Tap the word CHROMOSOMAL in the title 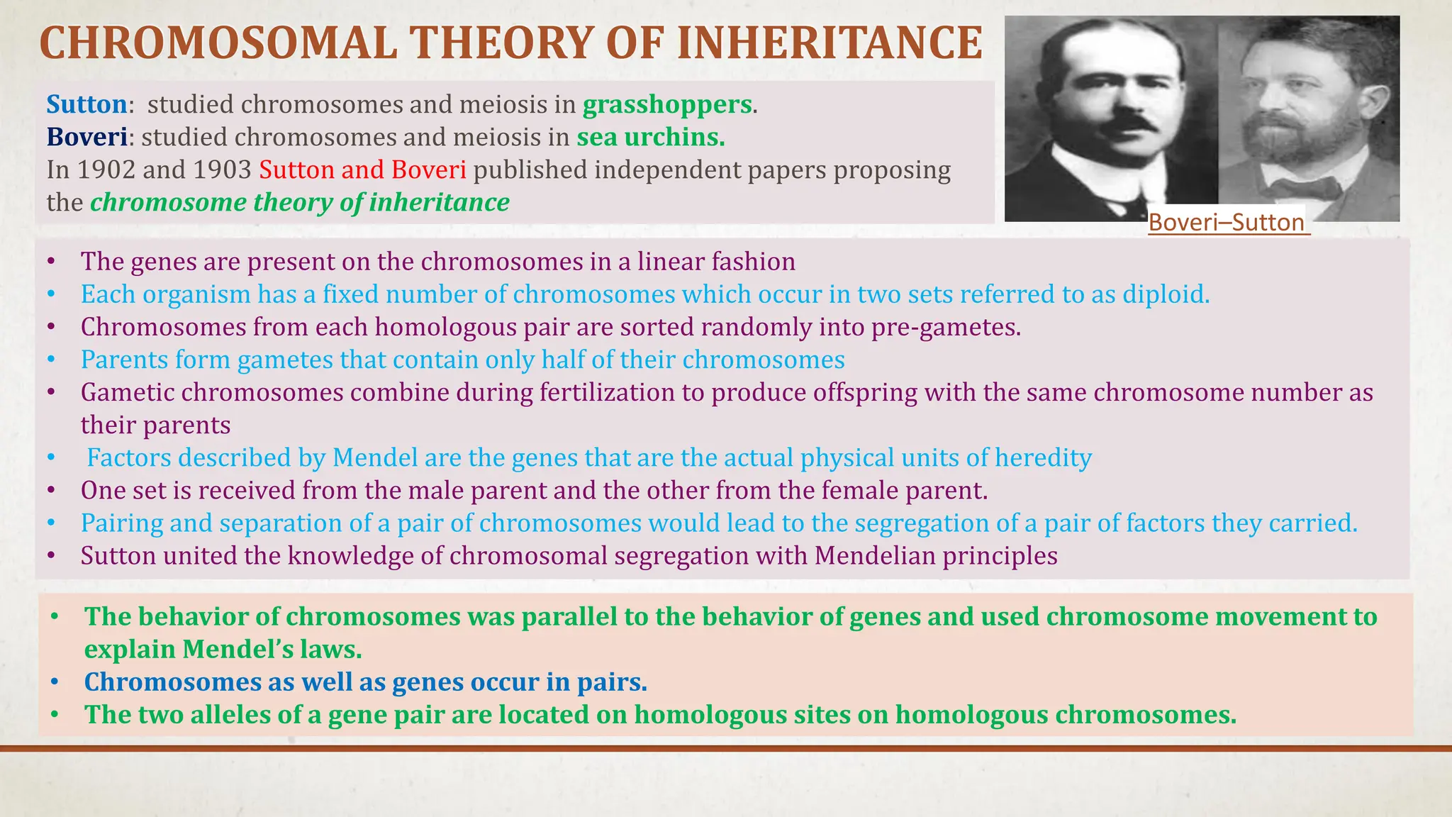(218, 43)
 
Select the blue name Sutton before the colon (86, 104)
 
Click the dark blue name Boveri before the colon (87, 137)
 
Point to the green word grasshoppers (666, 104)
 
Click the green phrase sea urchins (650, 137)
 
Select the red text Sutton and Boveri (362, 170)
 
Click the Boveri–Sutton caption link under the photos (1226, 223)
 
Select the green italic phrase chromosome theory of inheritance (300, 203)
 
